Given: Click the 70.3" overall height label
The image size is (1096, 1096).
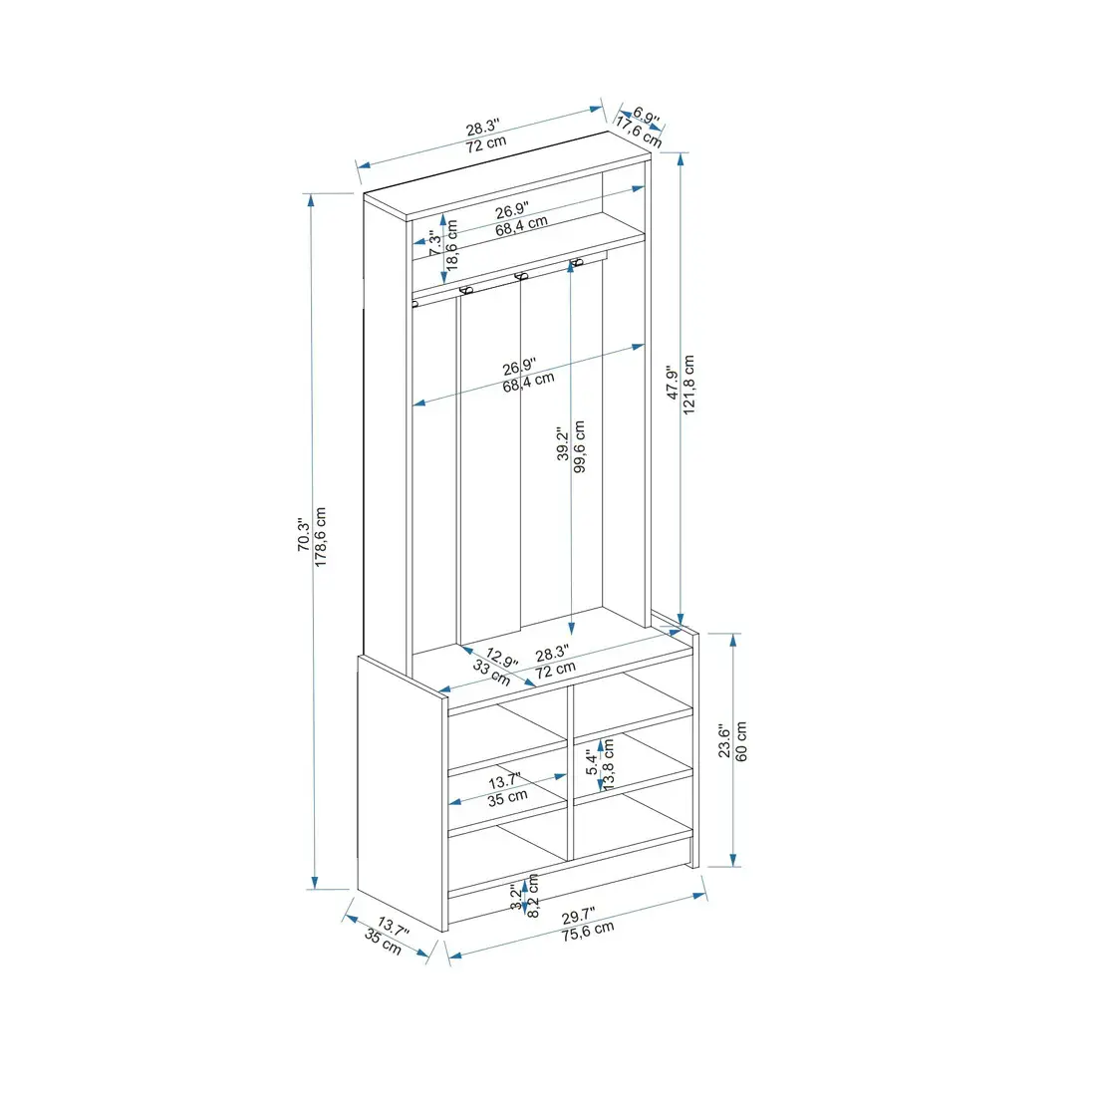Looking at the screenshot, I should (x=303, y=540).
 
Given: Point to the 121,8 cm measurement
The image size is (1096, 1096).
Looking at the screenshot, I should (x=689, y=386).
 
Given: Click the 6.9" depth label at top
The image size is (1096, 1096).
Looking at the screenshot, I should (x=647, y=118).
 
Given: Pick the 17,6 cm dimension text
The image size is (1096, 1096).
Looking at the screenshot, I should (x=638, y=133).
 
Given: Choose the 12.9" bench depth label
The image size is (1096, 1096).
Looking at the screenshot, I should (x=502, y=661).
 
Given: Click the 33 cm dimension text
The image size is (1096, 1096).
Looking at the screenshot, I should (x=491, y=675).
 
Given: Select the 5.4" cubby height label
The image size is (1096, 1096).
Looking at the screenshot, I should (x=592, y=763).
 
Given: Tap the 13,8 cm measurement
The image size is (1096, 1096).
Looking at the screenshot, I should (x=609, y=763).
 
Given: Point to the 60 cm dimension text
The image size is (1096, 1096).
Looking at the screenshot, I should (x=741, y=740).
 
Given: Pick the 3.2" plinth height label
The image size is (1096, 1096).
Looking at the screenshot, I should (x=515, y=898).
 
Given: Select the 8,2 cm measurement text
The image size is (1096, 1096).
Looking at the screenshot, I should (x=533, y=896).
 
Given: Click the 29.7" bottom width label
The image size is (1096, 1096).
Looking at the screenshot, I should (x=578, y=917).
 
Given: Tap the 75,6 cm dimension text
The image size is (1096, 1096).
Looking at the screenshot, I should (x=587, y=933).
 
